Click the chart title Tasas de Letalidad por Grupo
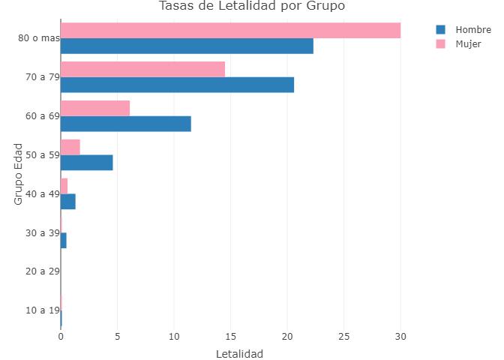coord(251,7)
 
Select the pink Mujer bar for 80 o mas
coord(230,30)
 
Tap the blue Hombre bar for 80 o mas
coord(187,46)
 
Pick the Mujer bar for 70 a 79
coord(142,69)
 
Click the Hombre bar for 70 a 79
coord(177,85)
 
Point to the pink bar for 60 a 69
coord(95,108)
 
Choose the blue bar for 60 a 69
coord(125,124)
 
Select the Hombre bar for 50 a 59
coord(86,163)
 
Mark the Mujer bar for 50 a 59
coord(70,147)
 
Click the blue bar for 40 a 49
coord(67,202)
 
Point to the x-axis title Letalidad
coord(239,354)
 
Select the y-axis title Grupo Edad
coord(18,174)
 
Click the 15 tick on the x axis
coord(231,337)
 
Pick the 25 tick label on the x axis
coord(344,337)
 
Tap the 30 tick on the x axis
coord(400,337)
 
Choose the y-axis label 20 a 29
coord(42,271)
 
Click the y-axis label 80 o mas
coord(39,38)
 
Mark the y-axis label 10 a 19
coord(42,310)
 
